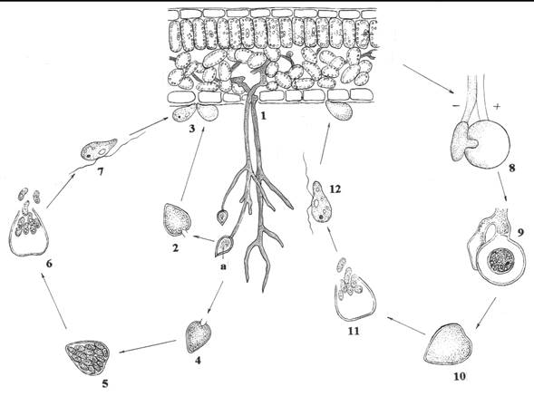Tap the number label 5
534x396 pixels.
pyautogui.click(x=105, y=383)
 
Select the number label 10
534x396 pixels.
pyautogui.click(x=460, y=376)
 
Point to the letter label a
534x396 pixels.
pyautogui.click(x=223, y=266)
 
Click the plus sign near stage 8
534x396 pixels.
pyautogui.click(x=497, y=107)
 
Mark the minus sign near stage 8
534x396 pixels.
pyautogui.click(x=456, y=106)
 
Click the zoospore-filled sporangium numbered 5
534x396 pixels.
pyautogui.click(x=88, y=357)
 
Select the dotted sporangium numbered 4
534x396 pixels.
pyautogui.click(x=199, y=336)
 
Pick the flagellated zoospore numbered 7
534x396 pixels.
pyautogui.click(x=99, y=149)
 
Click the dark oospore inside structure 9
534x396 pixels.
pyautogui.click(x=500, y=261)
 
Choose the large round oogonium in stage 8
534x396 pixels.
pyautogui.click(x=489, y=144)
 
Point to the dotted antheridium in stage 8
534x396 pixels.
pyautogui.click(x=461, y=141)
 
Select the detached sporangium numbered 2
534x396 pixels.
pyautogui.click(x=177, y=220)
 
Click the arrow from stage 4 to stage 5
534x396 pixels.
pyautogui.click(x=147, y=346)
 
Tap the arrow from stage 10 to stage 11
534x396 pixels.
pyautogui.click(x=405, y=324)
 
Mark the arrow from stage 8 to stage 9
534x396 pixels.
pyautogui.click(x=502, y=188)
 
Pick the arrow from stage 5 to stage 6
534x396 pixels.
pyautogui.click(x=53, y=301)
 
